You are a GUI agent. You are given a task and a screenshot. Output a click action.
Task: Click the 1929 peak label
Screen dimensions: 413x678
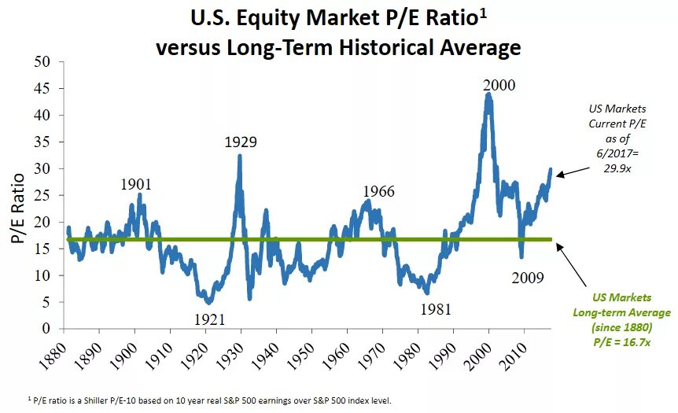pos(240,142)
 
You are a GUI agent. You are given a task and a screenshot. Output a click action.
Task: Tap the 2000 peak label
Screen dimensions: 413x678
pos(499,85)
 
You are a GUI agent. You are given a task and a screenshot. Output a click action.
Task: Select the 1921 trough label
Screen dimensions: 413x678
pos(209,319)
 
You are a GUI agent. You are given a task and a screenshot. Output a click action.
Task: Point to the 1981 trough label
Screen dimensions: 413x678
pos(436,309)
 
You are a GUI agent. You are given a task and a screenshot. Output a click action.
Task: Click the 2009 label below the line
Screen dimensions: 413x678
pos(527,278)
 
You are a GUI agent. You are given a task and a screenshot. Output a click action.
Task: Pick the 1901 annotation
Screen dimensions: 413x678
pos(135,184)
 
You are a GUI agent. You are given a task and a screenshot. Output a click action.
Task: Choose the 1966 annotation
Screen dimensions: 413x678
pos(378,192)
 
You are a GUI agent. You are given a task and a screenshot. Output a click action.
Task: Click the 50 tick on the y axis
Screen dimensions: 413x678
pos(43,61)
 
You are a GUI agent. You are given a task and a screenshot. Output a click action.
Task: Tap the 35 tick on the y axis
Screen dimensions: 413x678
pos(43,142)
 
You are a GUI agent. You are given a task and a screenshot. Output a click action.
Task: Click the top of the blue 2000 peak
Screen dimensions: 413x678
pos(489,94)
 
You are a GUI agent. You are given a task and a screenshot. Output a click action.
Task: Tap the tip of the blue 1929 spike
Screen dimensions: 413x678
pos(239,155)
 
